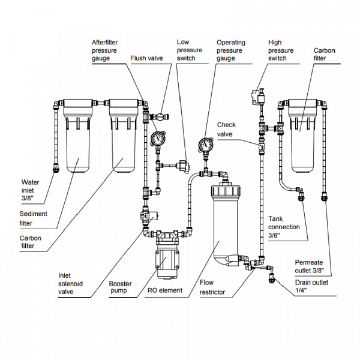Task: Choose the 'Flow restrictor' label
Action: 212,288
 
